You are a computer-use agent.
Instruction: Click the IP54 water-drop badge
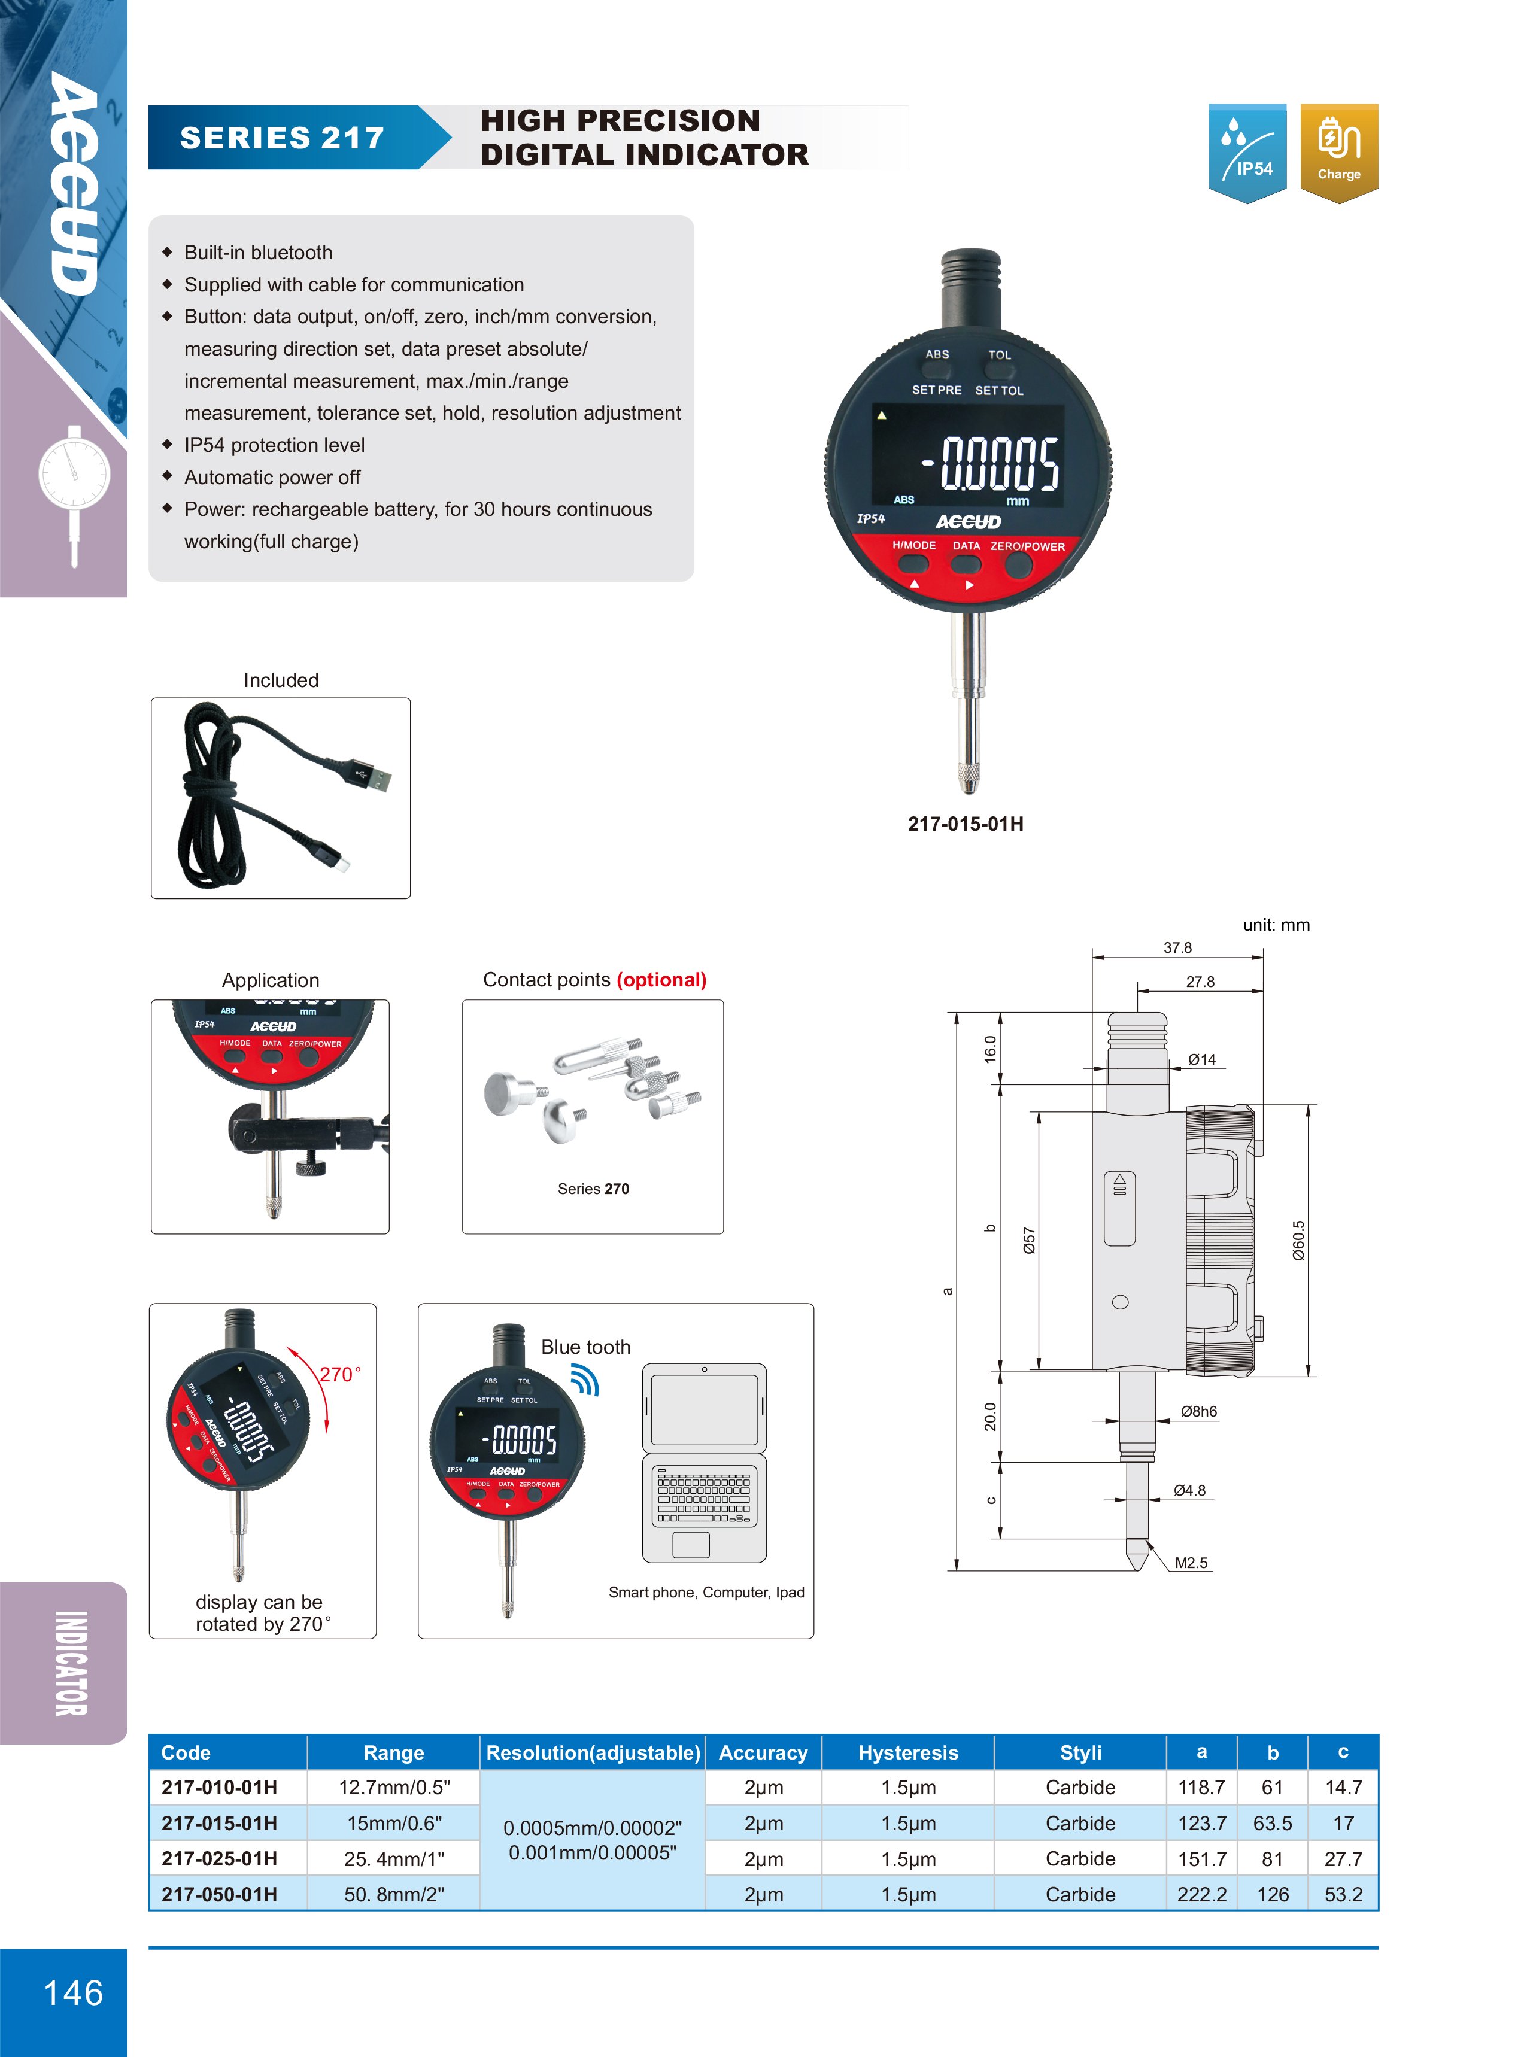[1247, 153]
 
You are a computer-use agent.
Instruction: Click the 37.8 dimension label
[1177, 947]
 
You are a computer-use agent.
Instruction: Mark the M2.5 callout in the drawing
[1191, 1563]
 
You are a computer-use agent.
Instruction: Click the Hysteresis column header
[907, 1752]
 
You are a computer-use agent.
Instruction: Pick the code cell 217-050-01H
[219, 1894]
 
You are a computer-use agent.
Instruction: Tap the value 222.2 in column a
[1201, 1894]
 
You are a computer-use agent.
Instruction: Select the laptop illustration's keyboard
[705, 1495]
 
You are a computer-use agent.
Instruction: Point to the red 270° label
[339, 1374]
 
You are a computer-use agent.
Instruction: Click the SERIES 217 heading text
[282, 138]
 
